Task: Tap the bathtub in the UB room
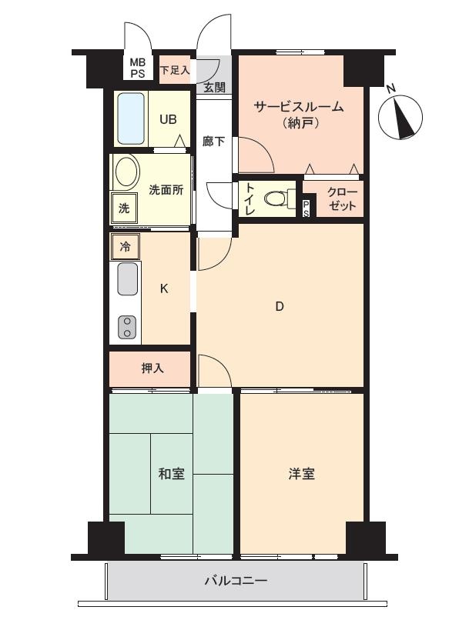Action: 131,118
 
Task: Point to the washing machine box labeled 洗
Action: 124,208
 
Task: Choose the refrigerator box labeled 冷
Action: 125,247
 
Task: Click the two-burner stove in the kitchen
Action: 127,328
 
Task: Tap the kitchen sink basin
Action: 128,278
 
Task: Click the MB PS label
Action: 138,68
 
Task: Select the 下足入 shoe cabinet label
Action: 175,70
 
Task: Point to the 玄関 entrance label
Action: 215,88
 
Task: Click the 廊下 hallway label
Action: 214,142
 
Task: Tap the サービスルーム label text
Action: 298,107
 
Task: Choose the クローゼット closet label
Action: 342,199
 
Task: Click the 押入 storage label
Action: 152,368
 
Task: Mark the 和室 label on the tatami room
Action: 172,473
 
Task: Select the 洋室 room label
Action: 302,473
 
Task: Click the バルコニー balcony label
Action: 236,581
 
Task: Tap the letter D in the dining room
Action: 280,306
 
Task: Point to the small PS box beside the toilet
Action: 307,208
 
